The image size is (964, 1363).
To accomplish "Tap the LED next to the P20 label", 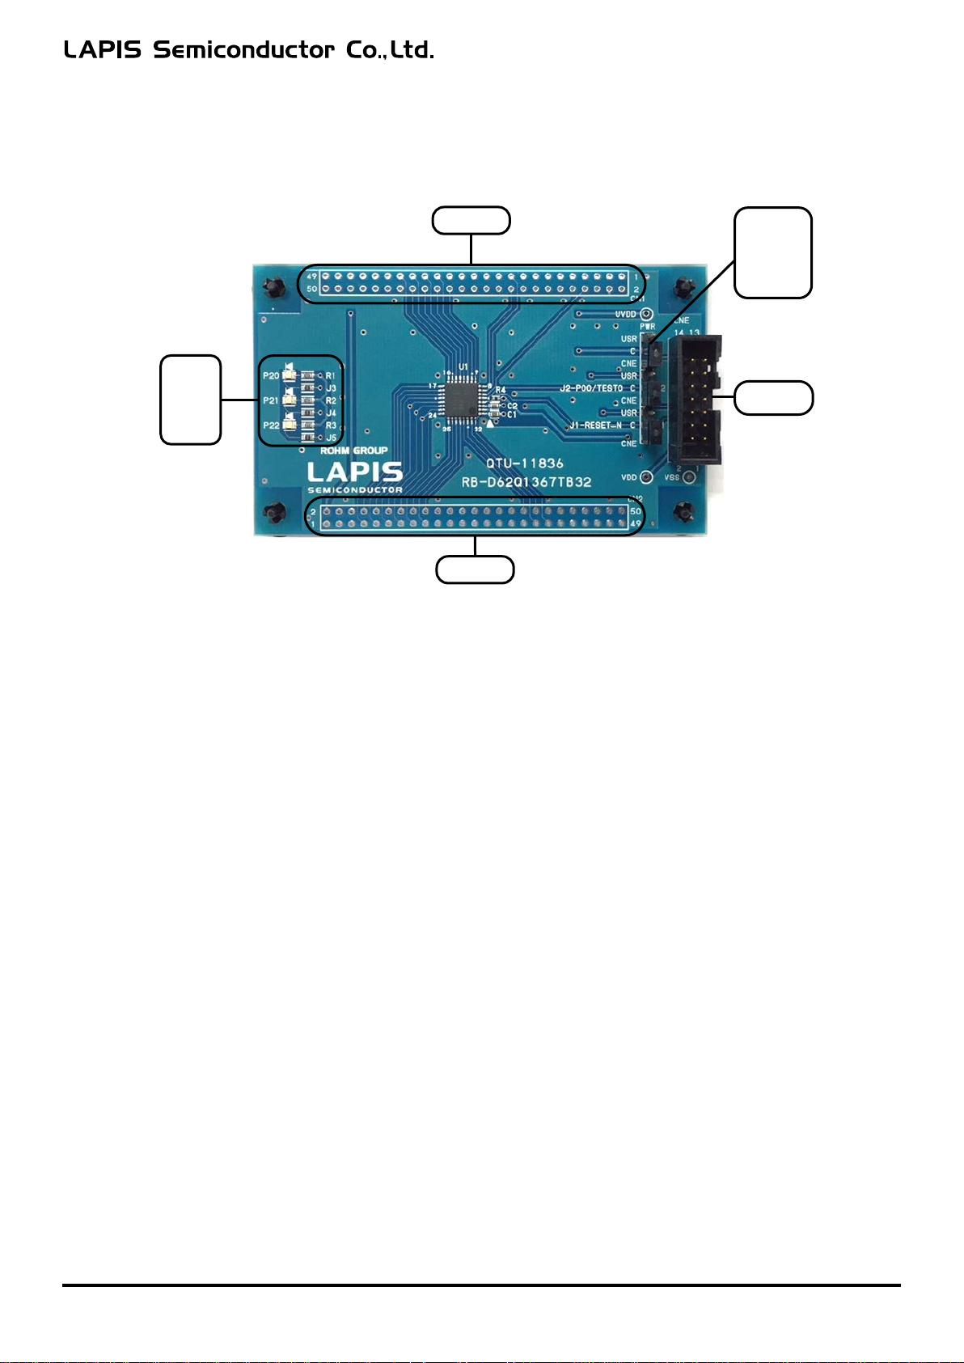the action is click(x=290, y=376).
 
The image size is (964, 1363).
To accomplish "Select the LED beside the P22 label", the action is click(x=290, y=425).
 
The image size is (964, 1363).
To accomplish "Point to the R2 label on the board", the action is click(x=331, y=401).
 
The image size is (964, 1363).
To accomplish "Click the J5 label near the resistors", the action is click(x=331, y=438).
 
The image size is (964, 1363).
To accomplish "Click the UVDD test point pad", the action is click(x=645, y=315).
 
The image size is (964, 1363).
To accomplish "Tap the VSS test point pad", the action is click(x=688, y=478).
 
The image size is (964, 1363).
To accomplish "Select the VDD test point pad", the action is click(x=646, y=477).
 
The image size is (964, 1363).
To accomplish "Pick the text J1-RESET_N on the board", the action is click(x=597, y=425).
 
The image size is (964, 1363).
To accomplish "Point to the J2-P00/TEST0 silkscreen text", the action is click(x=592, y=389).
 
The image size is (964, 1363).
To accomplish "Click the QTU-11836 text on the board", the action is click(x=525, y=464).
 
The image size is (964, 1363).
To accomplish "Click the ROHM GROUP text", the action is click(x=353, y=451).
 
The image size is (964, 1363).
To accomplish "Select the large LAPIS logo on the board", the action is click(x=355, y=472).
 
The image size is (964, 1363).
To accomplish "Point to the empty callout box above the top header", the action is click(x=471, y=221).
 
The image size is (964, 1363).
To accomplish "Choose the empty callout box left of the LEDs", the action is click(x=191, y=400).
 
